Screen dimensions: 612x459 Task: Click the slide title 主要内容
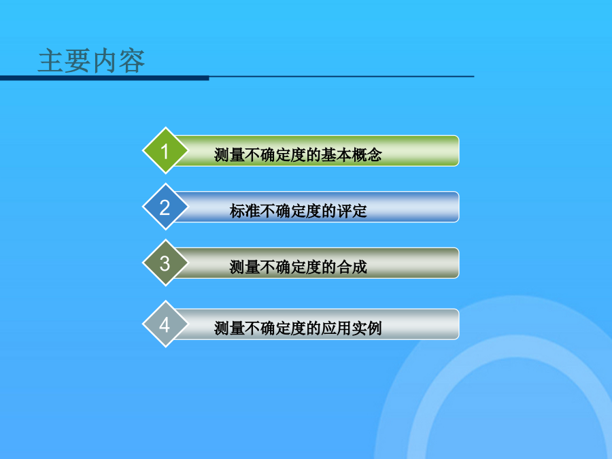[x=91, y=61]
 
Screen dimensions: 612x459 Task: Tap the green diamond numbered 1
[x=165, y=151]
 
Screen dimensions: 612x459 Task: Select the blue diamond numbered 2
[x=165, y=207]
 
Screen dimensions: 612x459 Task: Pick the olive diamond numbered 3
[x=165, y=262]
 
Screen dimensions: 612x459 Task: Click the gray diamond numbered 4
[x=165, y=324]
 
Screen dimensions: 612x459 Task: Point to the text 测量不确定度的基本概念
[x=298, y=155]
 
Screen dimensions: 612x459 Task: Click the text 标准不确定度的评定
[x=299, y=211]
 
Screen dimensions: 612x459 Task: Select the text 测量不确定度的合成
[x=299, y=267]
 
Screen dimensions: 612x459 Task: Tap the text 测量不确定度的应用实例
[x=298, y=328]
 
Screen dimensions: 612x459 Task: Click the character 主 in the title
[x=51, y=61]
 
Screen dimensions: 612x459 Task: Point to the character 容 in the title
[x=132, y=61]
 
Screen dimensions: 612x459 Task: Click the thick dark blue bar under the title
[x=105, y=78]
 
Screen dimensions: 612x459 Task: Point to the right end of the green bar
[x=458, y=151]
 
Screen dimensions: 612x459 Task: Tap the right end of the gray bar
[x=458, y=324]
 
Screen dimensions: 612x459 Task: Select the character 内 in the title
[x=105, y=61]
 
